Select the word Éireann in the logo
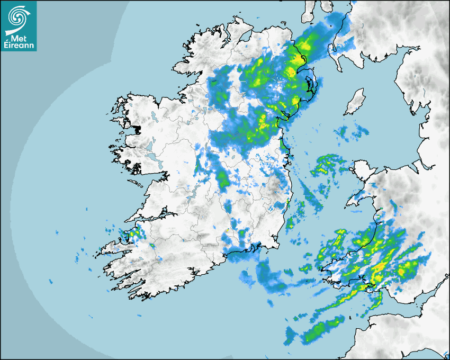click(x=19, y=46)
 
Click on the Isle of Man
click(x=354, y=102)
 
